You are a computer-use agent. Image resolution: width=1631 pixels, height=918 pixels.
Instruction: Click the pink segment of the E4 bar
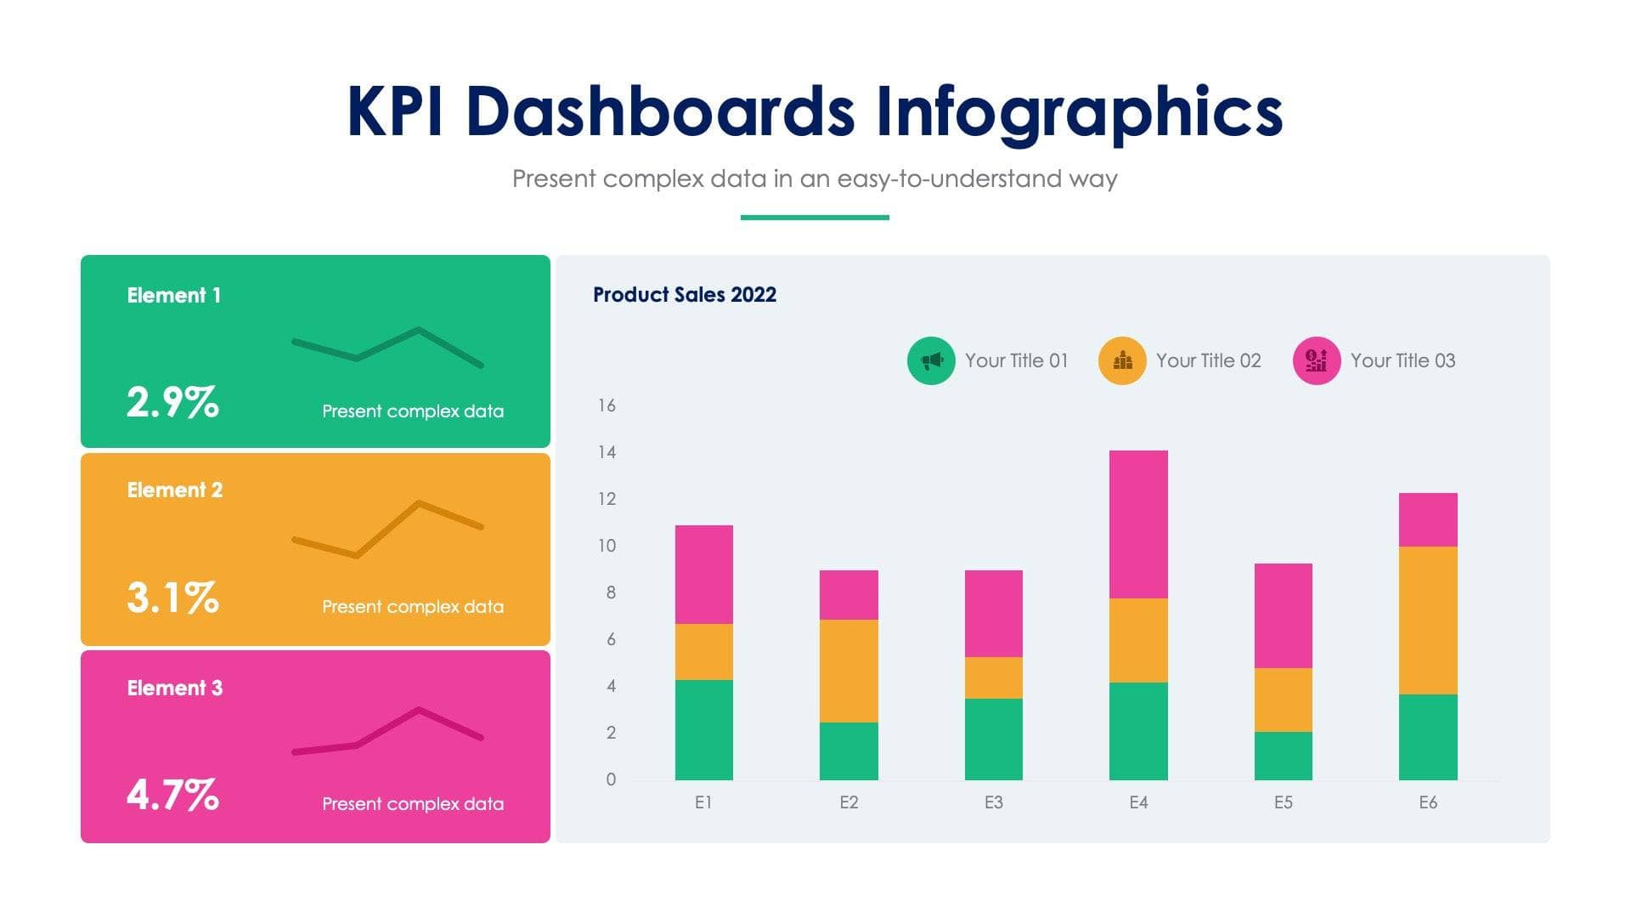pos(1138,524)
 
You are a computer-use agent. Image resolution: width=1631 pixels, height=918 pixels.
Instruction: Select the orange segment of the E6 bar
pos(1428,620)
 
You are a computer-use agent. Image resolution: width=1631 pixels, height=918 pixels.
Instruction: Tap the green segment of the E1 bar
pos(703,729)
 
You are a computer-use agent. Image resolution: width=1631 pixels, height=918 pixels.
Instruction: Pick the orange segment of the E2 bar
pos(849,671)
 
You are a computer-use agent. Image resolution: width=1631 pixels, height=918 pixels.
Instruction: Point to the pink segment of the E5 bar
pos(1283,615)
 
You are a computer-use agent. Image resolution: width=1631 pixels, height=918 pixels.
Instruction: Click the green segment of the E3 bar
pos(993,739)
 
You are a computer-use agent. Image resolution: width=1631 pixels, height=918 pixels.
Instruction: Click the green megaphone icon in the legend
pos(931,360)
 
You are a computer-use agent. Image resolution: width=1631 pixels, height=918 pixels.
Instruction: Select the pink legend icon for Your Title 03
pos(1316,360)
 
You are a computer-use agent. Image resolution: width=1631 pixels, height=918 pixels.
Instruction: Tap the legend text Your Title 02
pos(1208,360)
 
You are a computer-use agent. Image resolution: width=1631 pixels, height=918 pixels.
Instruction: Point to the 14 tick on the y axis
pos(607,452)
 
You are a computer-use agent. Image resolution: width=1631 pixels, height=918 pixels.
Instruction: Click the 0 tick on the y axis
pos(611,779)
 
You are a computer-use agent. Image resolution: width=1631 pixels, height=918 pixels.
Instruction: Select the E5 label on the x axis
pos(1283,802)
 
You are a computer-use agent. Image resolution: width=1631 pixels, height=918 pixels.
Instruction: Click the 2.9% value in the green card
pos(173,402)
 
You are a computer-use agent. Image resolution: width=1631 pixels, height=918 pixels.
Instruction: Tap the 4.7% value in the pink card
pos(173,796)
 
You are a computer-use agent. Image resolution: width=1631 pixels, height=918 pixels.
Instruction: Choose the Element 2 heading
pos(175,490)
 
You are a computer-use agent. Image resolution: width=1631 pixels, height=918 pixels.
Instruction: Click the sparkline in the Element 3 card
pos(387,729)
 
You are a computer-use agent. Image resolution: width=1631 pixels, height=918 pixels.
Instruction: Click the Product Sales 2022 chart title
pos(685,295)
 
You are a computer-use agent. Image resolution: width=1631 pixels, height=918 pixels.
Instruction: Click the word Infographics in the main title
pos(1078,112)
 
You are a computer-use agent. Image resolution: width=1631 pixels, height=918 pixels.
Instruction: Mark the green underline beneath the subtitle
pos(815,218)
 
